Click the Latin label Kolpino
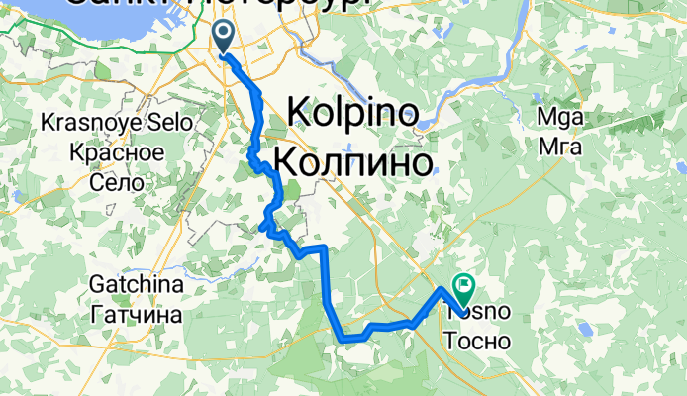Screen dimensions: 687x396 click(x=351, y=113)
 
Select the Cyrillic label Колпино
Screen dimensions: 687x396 click(x=352, y=159)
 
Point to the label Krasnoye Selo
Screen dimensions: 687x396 click(x=102, y=124)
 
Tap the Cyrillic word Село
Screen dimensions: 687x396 click(x=109, y=183)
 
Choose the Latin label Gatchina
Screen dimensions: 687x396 click(x=136, y=285)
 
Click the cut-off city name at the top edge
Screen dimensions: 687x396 click(x=218, y=6)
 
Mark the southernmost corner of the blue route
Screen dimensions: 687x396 click(x=343, y=340)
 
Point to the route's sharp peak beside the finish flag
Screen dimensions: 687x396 click(x=442, y=289)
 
